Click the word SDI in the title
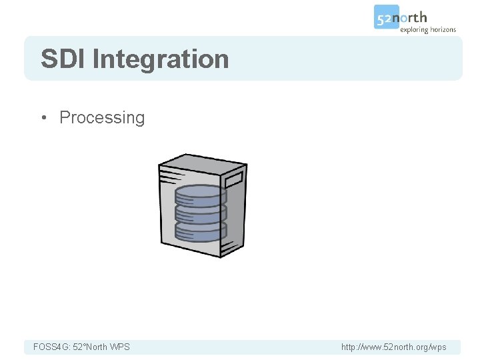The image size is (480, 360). point(63,59)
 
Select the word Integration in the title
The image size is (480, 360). point(161,60)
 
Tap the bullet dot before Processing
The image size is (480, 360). point(45,118)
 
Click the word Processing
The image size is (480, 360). point(102,118)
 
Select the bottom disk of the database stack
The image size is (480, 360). point(201,231)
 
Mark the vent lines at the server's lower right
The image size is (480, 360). point(231,246)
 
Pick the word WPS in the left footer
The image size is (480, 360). point(120,347)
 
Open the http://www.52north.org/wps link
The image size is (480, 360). point(393,347)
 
